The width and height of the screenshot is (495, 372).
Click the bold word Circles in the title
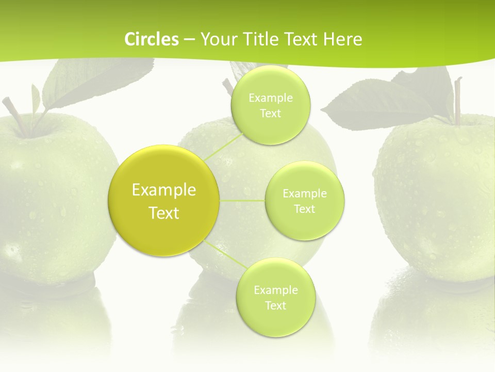[152, 39]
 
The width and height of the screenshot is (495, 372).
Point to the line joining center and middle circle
[242, 200]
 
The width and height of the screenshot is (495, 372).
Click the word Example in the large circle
[164, 190]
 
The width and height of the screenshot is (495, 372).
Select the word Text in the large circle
[164, 213]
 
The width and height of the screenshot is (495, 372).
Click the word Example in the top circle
[270, 98]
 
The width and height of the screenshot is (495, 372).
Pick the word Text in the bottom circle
[275, 305]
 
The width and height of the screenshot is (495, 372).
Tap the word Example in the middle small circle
[305, 194]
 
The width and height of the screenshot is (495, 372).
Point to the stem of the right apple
[457, 101]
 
